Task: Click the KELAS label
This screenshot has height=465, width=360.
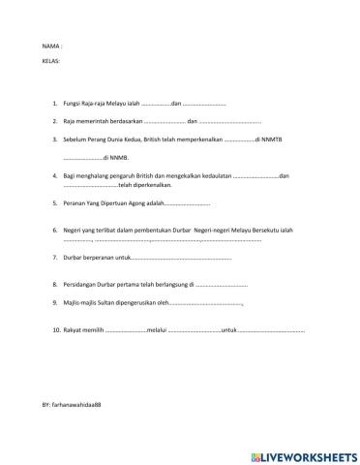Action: (x=51, y=60)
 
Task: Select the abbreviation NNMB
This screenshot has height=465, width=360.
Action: (x=121, y=157)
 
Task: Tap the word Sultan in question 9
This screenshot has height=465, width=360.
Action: (x=109, y=303)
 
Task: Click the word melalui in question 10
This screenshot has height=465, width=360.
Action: (x=155, y=330)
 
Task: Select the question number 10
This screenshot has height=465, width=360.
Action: (x=56, y=330)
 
